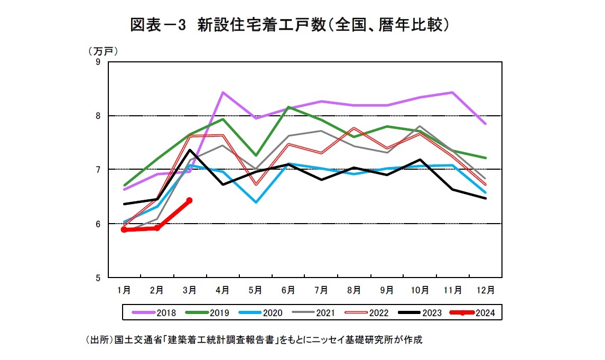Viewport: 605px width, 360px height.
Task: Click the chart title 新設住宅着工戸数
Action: (x=290, y=25)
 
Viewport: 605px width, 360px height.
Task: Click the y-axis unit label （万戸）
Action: (x=102, y=51)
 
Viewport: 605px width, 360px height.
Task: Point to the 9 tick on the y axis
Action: (x=98, y=62)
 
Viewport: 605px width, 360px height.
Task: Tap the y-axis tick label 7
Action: (x=98, y=170)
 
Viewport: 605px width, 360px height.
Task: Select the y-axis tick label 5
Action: (x=98, y=277)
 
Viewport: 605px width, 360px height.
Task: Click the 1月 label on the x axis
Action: (x=124, y=290)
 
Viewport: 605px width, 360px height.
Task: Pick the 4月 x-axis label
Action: (x=222, y=290)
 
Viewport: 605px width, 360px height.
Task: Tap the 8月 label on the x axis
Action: (x=354, y=290)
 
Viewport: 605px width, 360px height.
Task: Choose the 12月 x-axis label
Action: (x=485, y=290)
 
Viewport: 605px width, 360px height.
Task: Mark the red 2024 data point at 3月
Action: (x=189, y=200)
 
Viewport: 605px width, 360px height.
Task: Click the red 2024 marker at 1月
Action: (x=124, y=229)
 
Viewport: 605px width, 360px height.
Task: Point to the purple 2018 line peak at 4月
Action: (x=222, y=93)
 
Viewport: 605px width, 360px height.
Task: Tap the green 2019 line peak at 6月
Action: (x=288, y=107)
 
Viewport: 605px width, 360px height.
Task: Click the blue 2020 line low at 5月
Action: (x=256, y=202)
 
